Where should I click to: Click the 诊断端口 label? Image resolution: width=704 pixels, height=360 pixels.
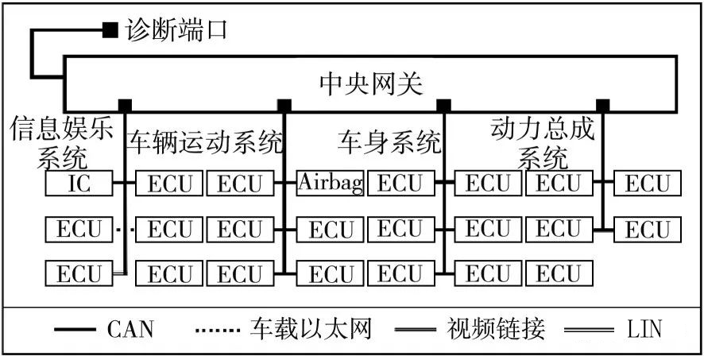click(176, 30)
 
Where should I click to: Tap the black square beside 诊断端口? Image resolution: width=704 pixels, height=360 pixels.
click(110, 30)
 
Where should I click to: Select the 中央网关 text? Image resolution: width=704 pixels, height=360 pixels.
click(370, 82)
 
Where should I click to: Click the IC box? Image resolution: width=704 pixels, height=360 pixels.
click(79, 184)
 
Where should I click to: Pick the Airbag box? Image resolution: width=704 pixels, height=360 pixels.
click(331, 184)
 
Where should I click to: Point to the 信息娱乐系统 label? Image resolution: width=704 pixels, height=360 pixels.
click(61, 141)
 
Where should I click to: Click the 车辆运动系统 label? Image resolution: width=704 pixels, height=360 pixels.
click(204, 143)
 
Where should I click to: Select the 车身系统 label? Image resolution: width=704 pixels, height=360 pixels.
click(389, 143)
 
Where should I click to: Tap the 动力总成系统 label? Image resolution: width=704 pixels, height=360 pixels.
click(543, 141)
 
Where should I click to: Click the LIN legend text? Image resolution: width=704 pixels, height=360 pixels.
click(643, 328)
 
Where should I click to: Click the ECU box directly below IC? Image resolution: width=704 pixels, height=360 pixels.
click(79, 230)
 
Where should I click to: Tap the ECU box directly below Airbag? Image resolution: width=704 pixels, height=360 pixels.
click(331, 230)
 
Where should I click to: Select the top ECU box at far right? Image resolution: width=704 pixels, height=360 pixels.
click(648, 184)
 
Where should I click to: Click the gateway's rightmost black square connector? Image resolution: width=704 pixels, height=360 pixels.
click(603, 105)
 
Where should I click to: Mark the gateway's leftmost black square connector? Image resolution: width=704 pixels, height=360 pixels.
click(125, 105)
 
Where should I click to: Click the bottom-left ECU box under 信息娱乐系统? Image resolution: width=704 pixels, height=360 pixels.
click(79, 274)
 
